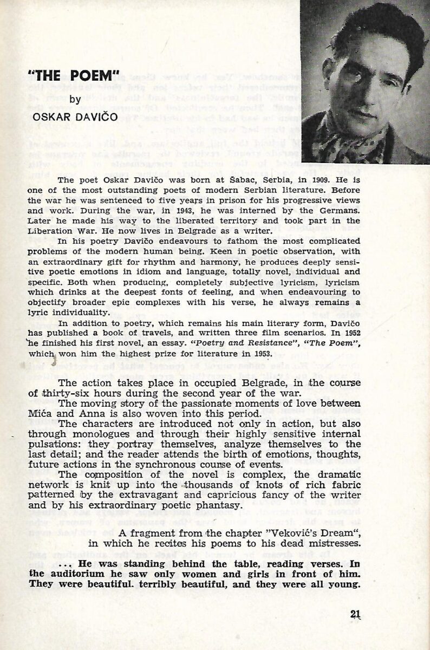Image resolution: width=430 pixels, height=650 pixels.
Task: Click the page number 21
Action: point(356,614)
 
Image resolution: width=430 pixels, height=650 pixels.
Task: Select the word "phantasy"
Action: point(214,505)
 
